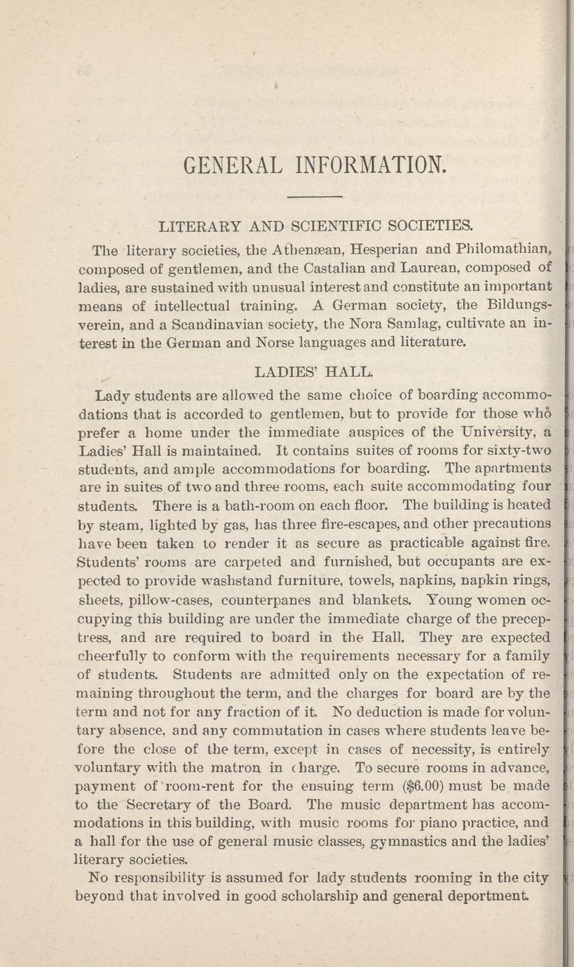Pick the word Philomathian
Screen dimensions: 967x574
point(505,249)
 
